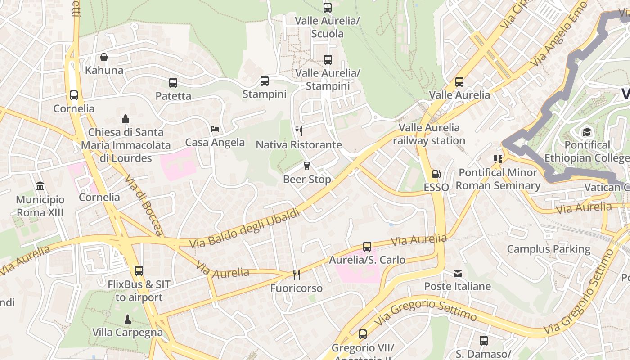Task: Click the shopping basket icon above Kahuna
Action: point(104,57)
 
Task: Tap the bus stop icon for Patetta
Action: point(173,83)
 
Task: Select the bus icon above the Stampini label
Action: point(265,81)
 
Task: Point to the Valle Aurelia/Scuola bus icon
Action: point(328,8)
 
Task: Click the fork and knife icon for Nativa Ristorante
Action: point(299,131)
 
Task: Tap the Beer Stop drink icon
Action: point(307,166)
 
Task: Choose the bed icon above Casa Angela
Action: point(215,129)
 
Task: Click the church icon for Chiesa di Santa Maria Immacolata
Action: point(126,119)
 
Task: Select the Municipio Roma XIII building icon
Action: point(40,186)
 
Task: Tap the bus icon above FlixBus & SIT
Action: point(139,271)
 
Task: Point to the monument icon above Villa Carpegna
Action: point(128,319)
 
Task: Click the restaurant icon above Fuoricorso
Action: point(296,274)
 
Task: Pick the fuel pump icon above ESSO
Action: point(436,174)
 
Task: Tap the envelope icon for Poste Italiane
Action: point(458,273)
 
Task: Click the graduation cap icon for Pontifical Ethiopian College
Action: point(587,132)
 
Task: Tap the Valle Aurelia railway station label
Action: point(429,134)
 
